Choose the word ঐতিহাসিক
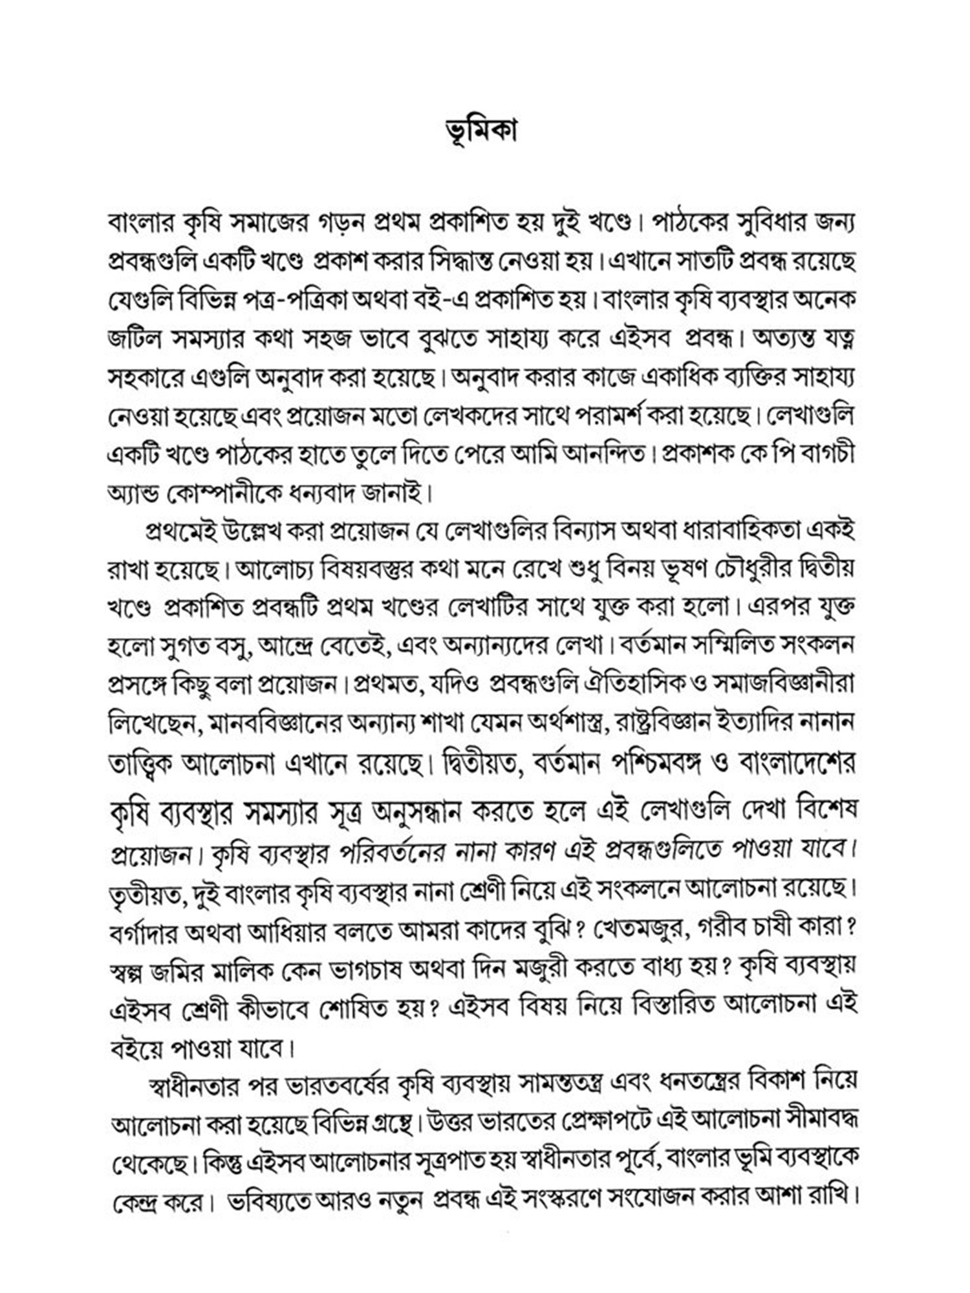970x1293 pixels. coord(650,683)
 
